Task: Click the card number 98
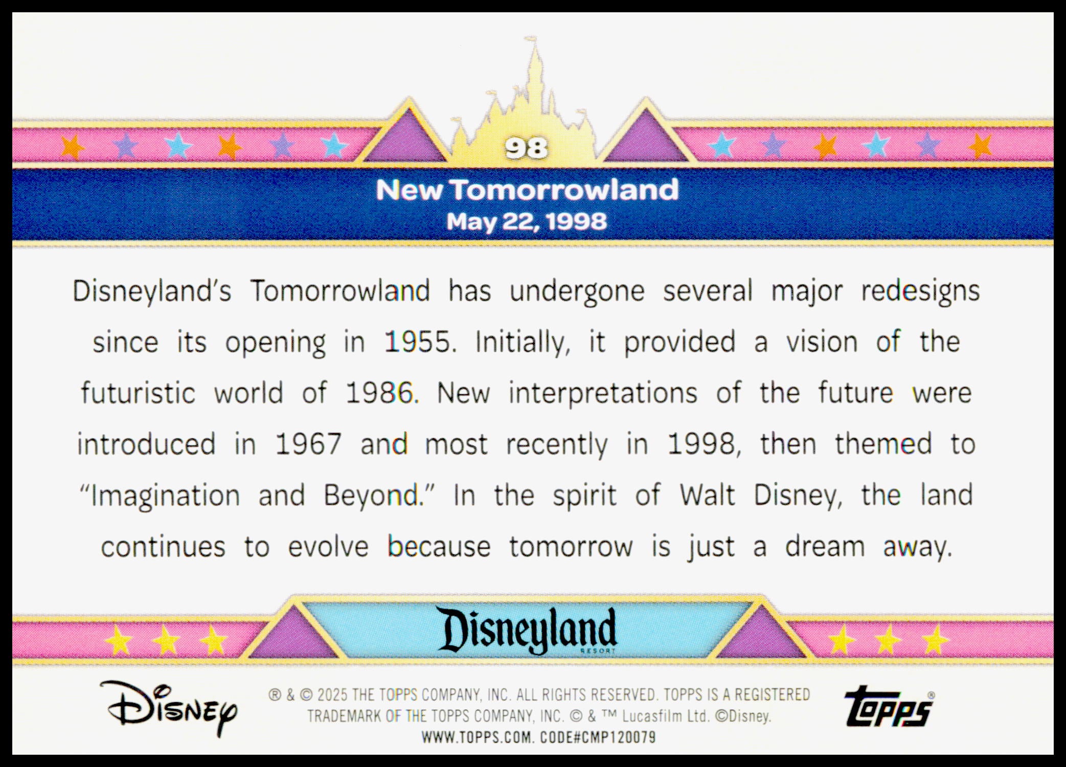[526, 148]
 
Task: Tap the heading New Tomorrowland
[527, 190]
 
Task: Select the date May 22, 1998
[527, 222]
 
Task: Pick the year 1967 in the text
[308, 444]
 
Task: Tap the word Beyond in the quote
[371, 496]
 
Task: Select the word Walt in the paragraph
[707, 495]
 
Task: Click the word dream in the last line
[825, 547]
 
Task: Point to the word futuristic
[138, 393]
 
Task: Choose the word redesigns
[920, 291]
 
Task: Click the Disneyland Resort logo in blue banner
[529, 630]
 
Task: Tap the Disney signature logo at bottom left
[169, 708]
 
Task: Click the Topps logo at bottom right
[889, 707]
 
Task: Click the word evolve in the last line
[328, 547]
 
